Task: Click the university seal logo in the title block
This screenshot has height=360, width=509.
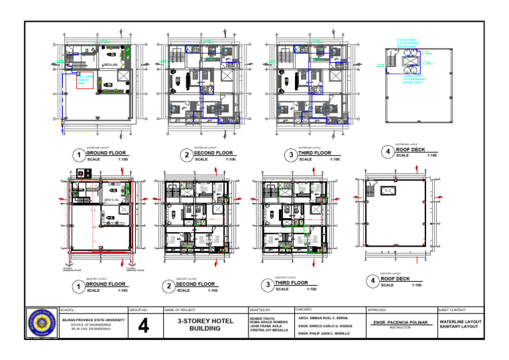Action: (42, 324)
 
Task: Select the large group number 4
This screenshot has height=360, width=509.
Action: (144, 326)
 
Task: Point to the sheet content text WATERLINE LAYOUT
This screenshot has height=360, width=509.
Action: (460, 322)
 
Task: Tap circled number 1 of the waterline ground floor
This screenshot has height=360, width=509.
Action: (78, 155)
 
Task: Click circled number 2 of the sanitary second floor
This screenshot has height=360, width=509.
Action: (169, 286)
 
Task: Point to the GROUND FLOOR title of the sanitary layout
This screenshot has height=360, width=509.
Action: (106, 284)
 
